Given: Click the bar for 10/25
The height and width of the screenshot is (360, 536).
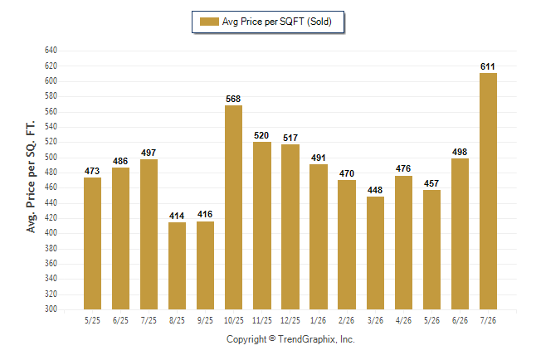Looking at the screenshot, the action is pyautogui.click(x=233, y=207).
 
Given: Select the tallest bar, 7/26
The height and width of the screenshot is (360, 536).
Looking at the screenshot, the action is pyautogui.click(x=488, y=191).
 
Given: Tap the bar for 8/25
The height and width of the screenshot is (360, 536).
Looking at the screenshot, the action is pyautogui.click(x=177, y=265).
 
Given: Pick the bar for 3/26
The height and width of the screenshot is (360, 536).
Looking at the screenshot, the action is pyautogui.click(x=375, y=253).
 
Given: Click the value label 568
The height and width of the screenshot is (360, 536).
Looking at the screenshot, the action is pyautogui.click(x=233, y=100).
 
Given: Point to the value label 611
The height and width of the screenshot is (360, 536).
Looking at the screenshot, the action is pyautogui.click(x=487, y=66).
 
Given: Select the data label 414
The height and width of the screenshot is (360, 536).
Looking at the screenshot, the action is pyautogui.click(x=177, y=216).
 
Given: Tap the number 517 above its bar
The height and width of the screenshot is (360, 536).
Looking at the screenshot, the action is pyautogui.click(x=290, y=138).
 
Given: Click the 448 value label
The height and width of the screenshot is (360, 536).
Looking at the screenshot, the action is pyautogui.click(x=375, y=190).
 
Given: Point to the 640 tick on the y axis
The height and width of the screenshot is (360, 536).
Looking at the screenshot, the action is pyautogui.click(x=51, y=51).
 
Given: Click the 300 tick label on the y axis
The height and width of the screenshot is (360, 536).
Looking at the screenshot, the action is pyautogui.click(x=51, y=309).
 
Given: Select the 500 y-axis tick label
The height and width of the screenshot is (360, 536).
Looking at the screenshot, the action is pyautogui.click(x=51, y=158).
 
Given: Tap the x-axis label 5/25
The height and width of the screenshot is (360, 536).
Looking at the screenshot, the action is pyautogui.click(x=92, y=321).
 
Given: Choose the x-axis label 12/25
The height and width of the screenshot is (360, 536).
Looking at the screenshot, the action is pyautogui.click(x=290, y=321).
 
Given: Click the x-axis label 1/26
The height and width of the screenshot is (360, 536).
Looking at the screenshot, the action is pyautogui.click(x=319, y=321).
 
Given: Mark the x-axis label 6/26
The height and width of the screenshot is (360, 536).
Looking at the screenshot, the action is pyautogui.click(x=460, y=321).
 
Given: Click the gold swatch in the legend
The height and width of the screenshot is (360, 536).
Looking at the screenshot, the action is pyautogui.click(x=209, y=22).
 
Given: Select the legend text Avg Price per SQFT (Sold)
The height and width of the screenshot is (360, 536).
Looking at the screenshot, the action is pyautogui.click(x=277, y=22).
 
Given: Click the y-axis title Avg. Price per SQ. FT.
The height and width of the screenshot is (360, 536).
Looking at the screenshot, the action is pyautogui.click(x=31, y=177).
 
